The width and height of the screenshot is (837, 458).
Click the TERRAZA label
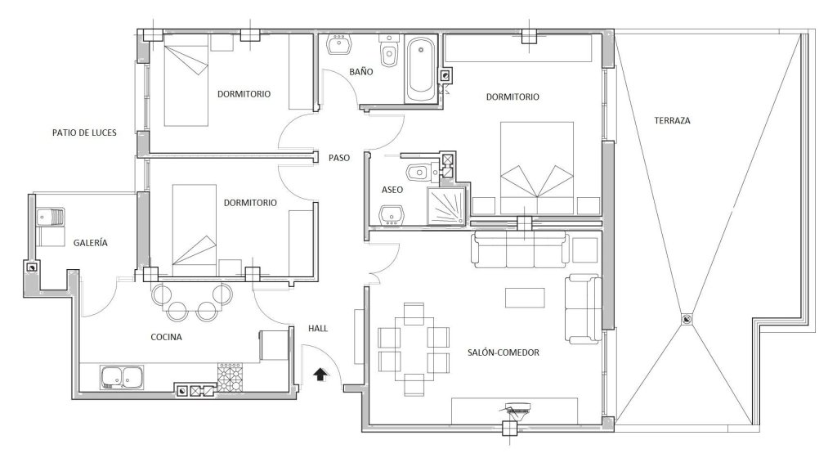[x=672, y=121]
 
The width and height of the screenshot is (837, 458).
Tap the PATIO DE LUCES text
[x=84, y=132]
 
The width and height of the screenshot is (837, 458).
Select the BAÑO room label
[x=361, y=71]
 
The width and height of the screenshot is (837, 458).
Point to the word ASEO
[x=392, y=190]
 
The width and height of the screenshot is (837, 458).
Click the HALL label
[x=318, y=328]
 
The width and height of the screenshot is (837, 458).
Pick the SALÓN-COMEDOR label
[x=504, y=352]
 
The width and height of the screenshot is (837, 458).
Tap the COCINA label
[x=166, y=337]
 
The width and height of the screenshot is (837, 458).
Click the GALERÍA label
[x=90, y=243]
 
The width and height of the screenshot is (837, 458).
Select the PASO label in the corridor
[x=339, y=158]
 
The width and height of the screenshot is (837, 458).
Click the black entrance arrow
[x=320, y=375]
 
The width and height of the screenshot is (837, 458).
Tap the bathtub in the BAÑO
[x=421, y=70]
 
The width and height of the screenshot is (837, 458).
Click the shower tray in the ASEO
[x=447, y=205]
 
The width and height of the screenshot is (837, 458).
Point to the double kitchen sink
[x=122, y=377]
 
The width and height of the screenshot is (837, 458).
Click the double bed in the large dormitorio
[x=536, y=168]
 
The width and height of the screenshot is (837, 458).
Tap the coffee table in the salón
[x=526, y=298]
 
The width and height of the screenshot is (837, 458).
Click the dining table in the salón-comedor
[x=414, y=350]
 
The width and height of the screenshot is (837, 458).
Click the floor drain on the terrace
[x=686, y=319]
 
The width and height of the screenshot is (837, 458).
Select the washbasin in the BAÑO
[x=339, y=45]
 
